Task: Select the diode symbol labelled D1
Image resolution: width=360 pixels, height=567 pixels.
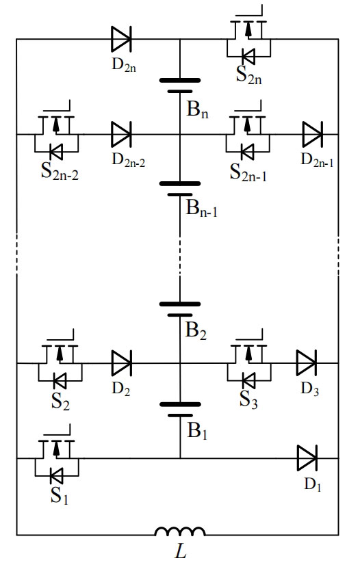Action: coord(307,458)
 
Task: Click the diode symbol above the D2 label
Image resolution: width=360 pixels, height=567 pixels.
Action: coord(122,363)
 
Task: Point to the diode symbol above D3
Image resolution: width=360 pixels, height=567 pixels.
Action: coord(307,362)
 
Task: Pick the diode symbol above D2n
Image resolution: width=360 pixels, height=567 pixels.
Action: coord(121,39)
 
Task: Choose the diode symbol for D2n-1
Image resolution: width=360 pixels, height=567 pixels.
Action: coord(312,135)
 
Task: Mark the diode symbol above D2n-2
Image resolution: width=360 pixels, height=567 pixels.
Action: coord(121,135)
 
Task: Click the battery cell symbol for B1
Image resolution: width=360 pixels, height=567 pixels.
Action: coord(180,410)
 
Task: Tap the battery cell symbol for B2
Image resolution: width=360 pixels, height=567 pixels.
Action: coord(180,310)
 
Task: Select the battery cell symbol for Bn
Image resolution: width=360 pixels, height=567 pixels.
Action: coord(180,85)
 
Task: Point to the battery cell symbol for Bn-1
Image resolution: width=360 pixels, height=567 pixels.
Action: coord(180,189)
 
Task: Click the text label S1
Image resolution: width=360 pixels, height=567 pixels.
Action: coord(60,495)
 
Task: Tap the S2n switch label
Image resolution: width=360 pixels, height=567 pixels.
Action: coord(249,75)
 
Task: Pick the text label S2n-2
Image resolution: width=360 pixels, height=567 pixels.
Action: coord(60,172)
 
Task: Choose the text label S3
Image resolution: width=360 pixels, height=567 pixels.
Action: coord(248,400)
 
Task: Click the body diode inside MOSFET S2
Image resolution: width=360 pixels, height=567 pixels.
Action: coord(60,380)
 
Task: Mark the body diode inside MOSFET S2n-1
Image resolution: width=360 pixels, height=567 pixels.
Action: coord(248,152)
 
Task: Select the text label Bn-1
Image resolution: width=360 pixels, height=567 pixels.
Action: coord(201,209)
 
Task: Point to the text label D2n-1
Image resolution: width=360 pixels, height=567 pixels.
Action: coord(317,160)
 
